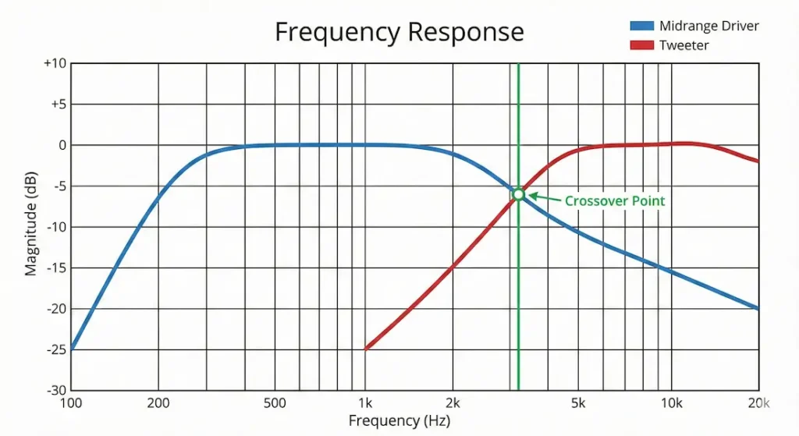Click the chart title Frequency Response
399,32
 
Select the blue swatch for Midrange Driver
643,26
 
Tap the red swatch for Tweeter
643,45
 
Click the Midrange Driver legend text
708,26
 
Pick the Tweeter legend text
684,45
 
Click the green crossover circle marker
518,193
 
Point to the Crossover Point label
615,201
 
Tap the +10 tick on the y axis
54,63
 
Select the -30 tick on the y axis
55,390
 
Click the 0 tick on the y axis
61,145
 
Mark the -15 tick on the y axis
55,268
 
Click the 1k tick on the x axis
365,403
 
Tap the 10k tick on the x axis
671,403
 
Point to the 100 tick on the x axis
71,403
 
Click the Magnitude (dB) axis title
31,226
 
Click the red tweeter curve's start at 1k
366,349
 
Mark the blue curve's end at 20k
758,308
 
